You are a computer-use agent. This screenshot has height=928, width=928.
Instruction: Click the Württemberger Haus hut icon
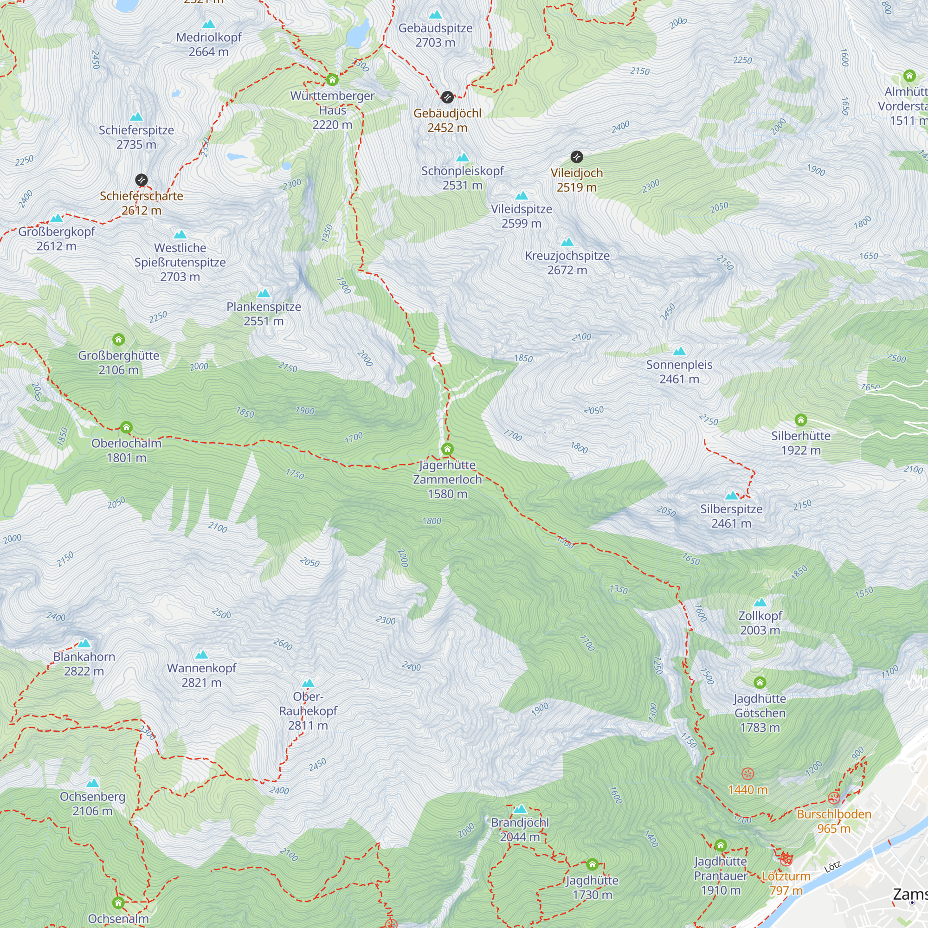(x=332, y=79)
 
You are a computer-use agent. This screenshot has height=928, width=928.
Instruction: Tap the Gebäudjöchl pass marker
(x=447, y=97)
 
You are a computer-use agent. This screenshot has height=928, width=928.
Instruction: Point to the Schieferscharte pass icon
(x=141, y=180)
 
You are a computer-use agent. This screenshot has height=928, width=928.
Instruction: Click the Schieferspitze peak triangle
(x=136, y=117)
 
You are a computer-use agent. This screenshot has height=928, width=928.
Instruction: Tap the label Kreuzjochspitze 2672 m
(x=567, y=263)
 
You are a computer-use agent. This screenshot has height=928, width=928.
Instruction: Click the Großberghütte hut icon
(x=119, y=340)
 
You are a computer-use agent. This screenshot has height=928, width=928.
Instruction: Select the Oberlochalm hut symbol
(x=126, y=427)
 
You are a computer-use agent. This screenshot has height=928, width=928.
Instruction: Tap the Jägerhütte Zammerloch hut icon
(x=447, y=449)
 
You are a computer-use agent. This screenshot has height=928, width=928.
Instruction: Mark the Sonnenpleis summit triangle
(x=679, y=351)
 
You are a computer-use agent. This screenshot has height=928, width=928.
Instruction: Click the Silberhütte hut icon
(x=801, y=420)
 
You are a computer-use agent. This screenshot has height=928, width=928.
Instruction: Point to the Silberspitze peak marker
(x=731, y=496)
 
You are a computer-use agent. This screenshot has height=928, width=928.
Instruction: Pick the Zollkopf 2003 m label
(x=760, y=623)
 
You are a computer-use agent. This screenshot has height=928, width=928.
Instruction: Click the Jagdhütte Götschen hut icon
(x=760, y=683)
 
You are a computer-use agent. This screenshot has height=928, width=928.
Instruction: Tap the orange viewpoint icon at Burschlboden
(x=834, y=798)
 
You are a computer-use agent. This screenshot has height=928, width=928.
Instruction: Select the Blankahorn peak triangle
(x=84, y=643)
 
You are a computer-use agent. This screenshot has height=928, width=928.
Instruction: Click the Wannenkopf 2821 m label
(x=201, y=675)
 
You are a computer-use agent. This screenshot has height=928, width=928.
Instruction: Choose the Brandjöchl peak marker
(x=520, y=809)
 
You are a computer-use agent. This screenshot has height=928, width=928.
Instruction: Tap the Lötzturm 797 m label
(x=786, y=883)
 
